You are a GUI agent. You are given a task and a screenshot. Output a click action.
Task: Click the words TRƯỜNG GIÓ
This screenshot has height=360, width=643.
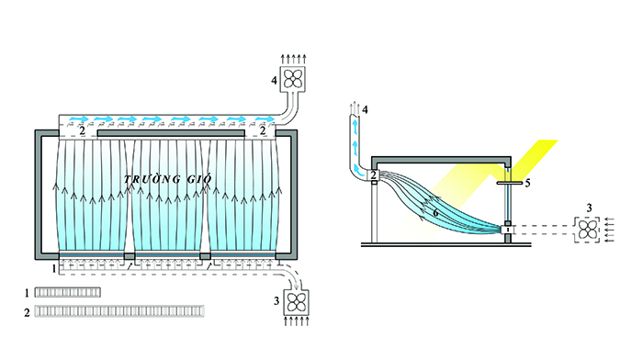point(168,179)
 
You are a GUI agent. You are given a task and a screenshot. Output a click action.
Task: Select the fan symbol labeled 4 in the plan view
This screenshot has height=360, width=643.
point(292,79)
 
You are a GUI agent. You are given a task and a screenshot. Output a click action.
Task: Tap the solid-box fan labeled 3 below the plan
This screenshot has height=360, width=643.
point(297,302)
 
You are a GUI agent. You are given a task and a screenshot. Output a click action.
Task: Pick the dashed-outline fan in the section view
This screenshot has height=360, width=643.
point(588,230)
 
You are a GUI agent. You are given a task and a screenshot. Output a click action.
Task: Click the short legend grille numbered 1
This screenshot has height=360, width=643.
point(68,292)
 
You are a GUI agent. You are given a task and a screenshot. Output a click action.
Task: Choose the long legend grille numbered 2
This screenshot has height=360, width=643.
point(119,311)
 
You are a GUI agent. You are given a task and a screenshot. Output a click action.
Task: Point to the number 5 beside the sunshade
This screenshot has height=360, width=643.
point(528,183)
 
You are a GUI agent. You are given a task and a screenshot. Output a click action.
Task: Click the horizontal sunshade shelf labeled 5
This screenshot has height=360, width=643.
point(510,183)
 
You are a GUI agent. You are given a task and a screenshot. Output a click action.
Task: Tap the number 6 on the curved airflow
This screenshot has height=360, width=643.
point(435,213)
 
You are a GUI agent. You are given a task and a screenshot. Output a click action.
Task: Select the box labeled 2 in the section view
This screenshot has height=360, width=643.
point(373,175)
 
